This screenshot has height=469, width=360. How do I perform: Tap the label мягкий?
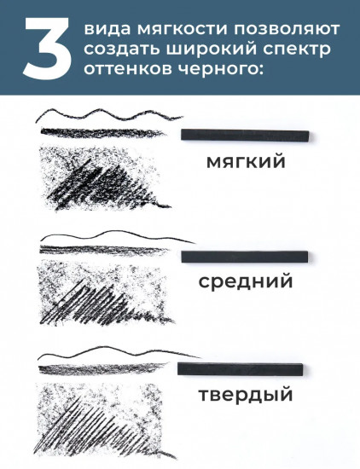coord(245,161)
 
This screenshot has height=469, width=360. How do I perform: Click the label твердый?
coord(245,395)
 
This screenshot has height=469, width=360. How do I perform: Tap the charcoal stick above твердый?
coord(240,369)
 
